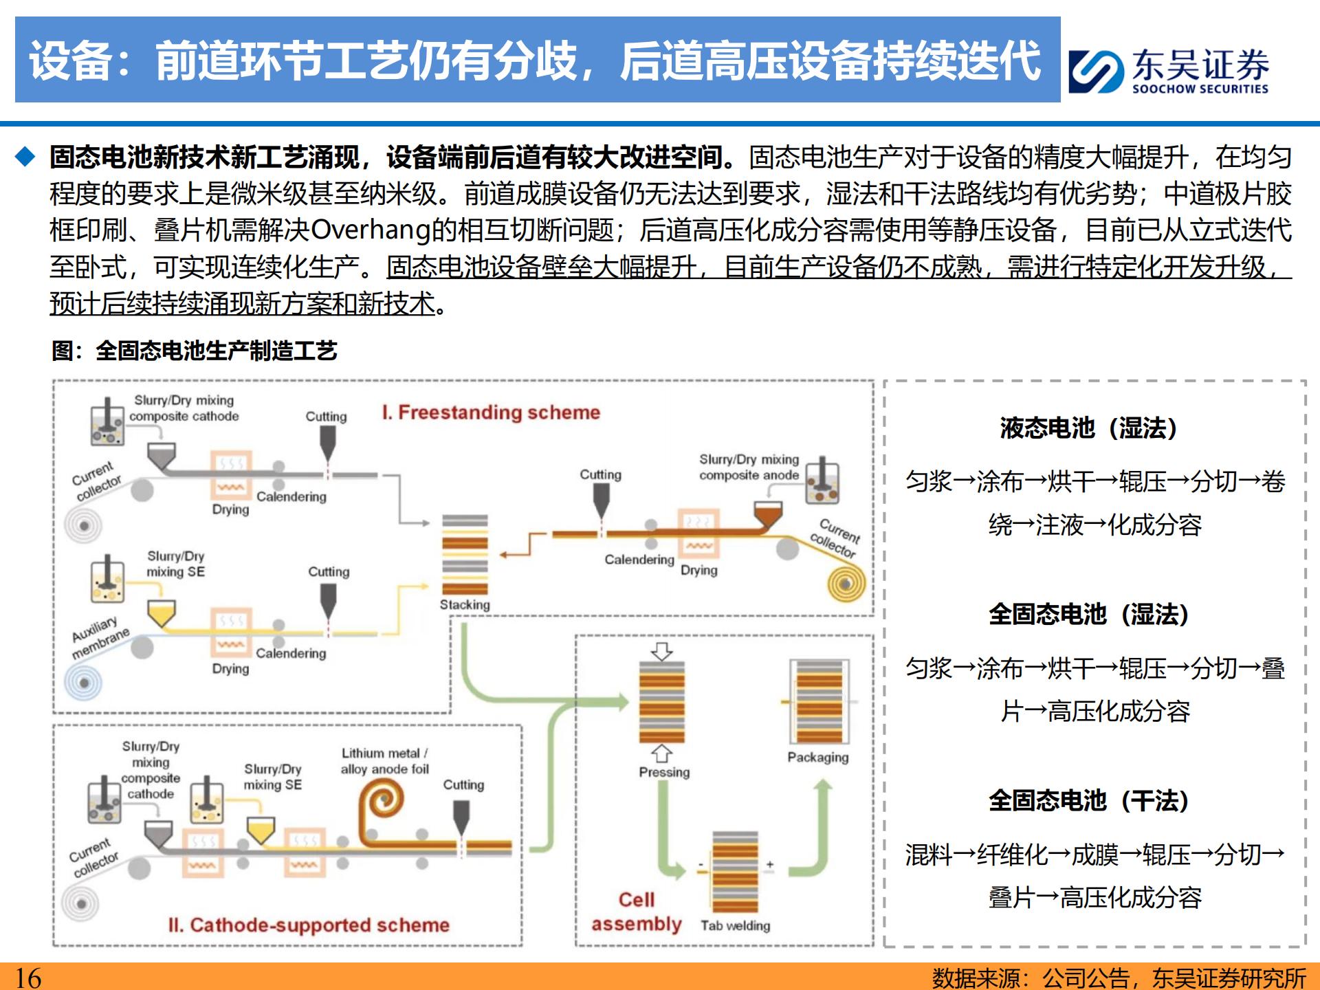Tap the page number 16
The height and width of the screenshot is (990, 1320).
tap(28, 977)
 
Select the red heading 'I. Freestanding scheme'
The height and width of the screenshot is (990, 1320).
tap(491, 412)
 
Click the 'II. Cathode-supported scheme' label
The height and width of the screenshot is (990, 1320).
tap(309, 925)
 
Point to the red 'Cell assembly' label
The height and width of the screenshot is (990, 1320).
tap(637, 912)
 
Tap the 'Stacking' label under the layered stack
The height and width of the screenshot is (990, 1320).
tap(465, 605)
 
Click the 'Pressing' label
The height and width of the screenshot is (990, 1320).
tap(664, 772)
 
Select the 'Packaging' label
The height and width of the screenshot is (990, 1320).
tap(818, 757)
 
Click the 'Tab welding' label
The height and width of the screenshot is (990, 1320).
tap(735, 926)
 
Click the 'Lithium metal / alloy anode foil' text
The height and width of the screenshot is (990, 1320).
tap(384, 761)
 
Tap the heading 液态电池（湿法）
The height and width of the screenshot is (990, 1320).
tap(1089, 428)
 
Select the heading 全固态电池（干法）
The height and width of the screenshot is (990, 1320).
tap(1089, 801)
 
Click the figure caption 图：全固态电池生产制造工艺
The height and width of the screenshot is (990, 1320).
tap(195, 351)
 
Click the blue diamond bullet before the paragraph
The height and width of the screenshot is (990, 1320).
tap(25, 157)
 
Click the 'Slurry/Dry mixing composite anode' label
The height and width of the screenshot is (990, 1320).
tap(749, 467)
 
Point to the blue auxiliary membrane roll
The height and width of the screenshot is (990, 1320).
tap(84, 683)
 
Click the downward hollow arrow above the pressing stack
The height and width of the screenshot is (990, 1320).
tap(662, 650)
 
